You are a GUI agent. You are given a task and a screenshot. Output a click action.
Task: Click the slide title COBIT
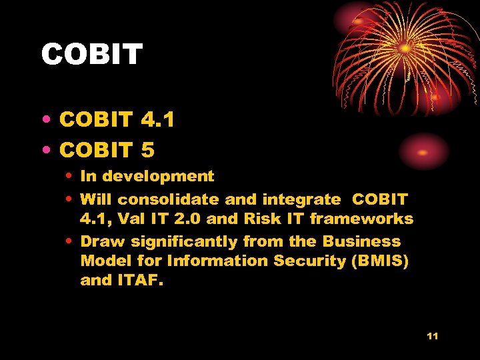92,55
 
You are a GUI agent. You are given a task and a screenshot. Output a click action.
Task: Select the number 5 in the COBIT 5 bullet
147,151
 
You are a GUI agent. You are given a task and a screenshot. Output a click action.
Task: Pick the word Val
130,219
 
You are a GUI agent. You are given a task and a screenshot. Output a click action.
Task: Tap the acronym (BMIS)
379,261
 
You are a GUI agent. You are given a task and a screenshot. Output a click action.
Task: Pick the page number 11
432,336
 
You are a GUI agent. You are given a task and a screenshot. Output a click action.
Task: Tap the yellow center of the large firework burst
405,48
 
